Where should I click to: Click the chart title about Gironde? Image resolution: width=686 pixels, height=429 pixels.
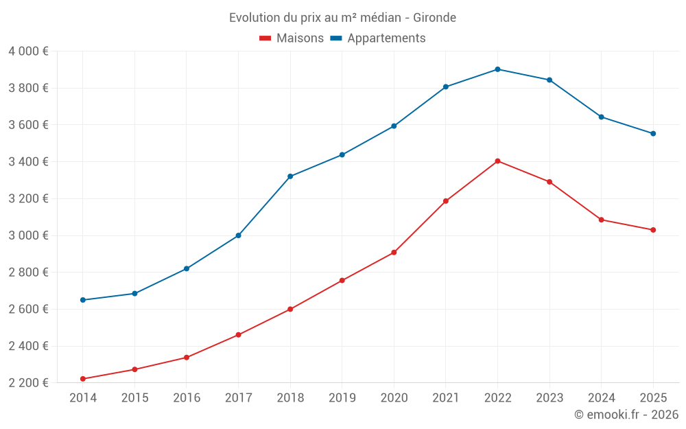click(342, 17)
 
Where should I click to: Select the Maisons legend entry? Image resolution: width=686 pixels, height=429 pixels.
click(292, 38)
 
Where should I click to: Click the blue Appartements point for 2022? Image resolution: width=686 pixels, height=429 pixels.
click(497, 69)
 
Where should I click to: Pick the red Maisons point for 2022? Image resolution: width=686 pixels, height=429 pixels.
click(497, 161)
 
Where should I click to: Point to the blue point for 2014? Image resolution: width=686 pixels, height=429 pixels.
click(83, 300)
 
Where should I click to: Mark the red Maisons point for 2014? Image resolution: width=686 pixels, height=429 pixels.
click(83, 379)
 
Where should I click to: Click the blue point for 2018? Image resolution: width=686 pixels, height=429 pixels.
click(290, 176)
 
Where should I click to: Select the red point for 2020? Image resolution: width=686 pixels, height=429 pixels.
click(394, 253)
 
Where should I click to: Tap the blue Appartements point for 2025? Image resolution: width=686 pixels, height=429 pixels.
click(653, 134)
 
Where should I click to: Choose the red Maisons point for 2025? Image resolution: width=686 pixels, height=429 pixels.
click(653, 230)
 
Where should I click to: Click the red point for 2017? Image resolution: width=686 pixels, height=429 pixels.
click(238, 335)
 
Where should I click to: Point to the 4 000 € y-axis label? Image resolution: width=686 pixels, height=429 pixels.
click(28, 51)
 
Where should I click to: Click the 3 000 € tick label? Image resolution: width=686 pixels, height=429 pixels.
click(28, 235)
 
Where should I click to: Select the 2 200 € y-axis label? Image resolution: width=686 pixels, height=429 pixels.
click(28, 383)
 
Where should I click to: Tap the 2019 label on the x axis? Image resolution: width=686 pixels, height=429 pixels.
click(342, 398)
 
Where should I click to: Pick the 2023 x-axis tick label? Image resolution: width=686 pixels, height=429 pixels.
click(549, 398)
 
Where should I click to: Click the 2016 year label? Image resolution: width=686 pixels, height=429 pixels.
click(187, 398)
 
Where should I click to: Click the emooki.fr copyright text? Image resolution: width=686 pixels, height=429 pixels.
click(626, 415)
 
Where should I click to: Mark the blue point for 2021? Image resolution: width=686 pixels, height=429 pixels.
click(446, 87)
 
